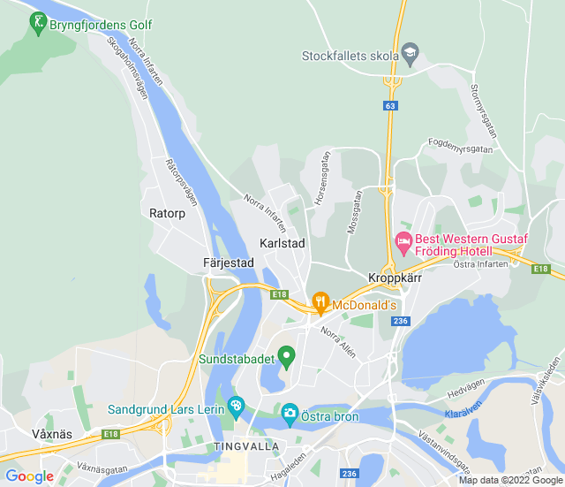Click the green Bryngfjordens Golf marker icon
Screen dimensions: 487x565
click(x=38, y=22)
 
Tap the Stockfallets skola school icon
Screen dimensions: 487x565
click(x=410, y=55)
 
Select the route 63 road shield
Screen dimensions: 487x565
click(x=390, y=105)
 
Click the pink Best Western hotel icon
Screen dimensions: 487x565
click(x=403, y=239)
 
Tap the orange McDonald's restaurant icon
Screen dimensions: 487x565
click(x=321, y=304)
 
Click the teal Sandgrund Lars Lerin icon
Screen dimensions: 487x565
click(x=235, y=407)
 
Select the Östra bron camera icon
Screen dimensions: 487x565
click(x=290, y=413)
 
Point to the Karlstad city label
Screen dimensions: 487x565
click(x=282, y=243)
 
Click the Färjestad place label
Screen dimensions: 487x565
click(x=228, y=263)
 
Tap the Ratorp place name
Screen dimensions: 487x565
click(x=167, y=213)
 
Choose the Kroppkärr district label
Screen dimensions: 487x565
click(x=395, y=278)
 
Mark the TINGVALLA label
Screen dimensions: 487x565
click(x=245, y=447)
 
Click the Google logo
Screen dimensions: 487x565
click(x=30, y=476)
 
